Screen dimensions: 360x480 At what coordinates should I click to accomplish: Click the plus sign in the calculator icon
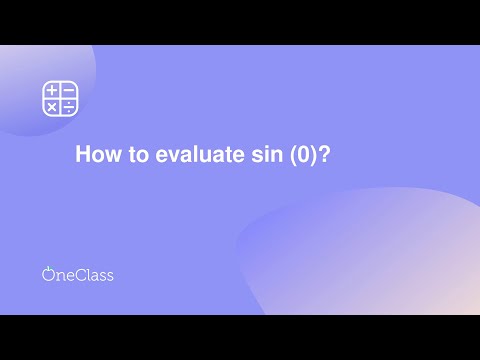pos(52,91)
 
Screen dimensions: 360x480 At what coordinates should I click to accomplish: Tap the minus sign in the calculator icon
pos(69,91)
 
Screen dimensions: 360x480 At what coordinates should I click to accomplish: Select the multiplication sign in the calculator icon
pos(52,106)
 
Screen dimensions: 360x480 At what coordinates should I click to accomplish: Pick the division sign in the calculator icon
pos(69,106)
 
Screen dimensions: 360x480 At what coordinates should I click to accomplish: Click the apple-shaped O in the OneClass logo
pos(48,275)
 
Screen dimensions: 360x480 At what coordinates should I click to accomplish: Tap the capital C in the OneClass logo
pos(78,274)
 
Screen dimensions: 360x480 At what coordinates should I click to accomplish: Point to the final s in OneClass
pos(109,276)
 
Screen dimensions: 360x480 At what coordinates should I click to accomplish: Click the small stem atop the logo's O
pos(48,267)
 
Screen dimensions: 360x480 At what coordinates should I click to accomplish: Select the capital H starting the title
pos(83,156)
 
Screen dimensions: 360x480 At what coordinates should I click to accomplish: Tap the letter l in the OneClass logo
pos(86,274)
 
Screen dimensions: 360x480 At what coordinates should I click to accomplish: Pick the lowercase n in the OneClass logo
pos(59,276)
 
